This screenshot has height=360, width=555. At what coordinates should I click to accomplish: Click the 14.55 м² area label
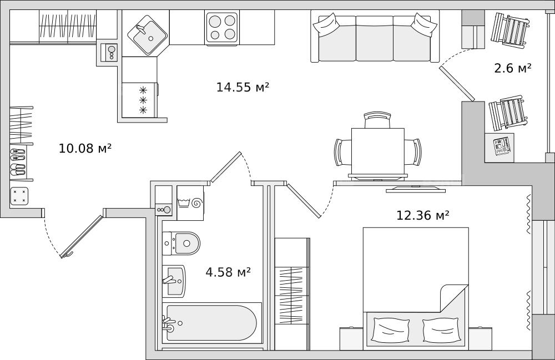243,87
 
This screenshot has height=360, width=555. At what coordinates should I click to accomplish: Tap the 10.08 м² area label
85,148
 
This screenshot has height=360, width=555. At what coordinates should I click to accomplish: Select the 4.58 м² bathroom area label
228,272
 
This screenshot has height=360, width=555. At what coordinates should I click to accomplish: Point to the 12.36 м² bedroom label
422,215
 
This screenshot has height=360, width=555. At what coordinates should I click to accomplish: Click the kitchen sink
147,35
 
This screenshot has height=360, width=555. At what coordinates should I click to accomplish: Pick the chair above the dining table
377,120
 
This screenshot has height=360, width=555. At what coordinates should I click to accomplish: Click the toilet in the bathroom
181,244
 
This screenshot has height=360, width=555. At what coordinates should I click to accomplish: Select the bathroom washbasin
174,281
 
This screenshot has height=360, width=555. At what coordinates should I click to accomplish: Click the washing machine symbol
190,203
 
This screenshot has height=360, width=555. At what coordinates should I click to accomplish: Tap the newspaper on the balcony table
503,146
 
